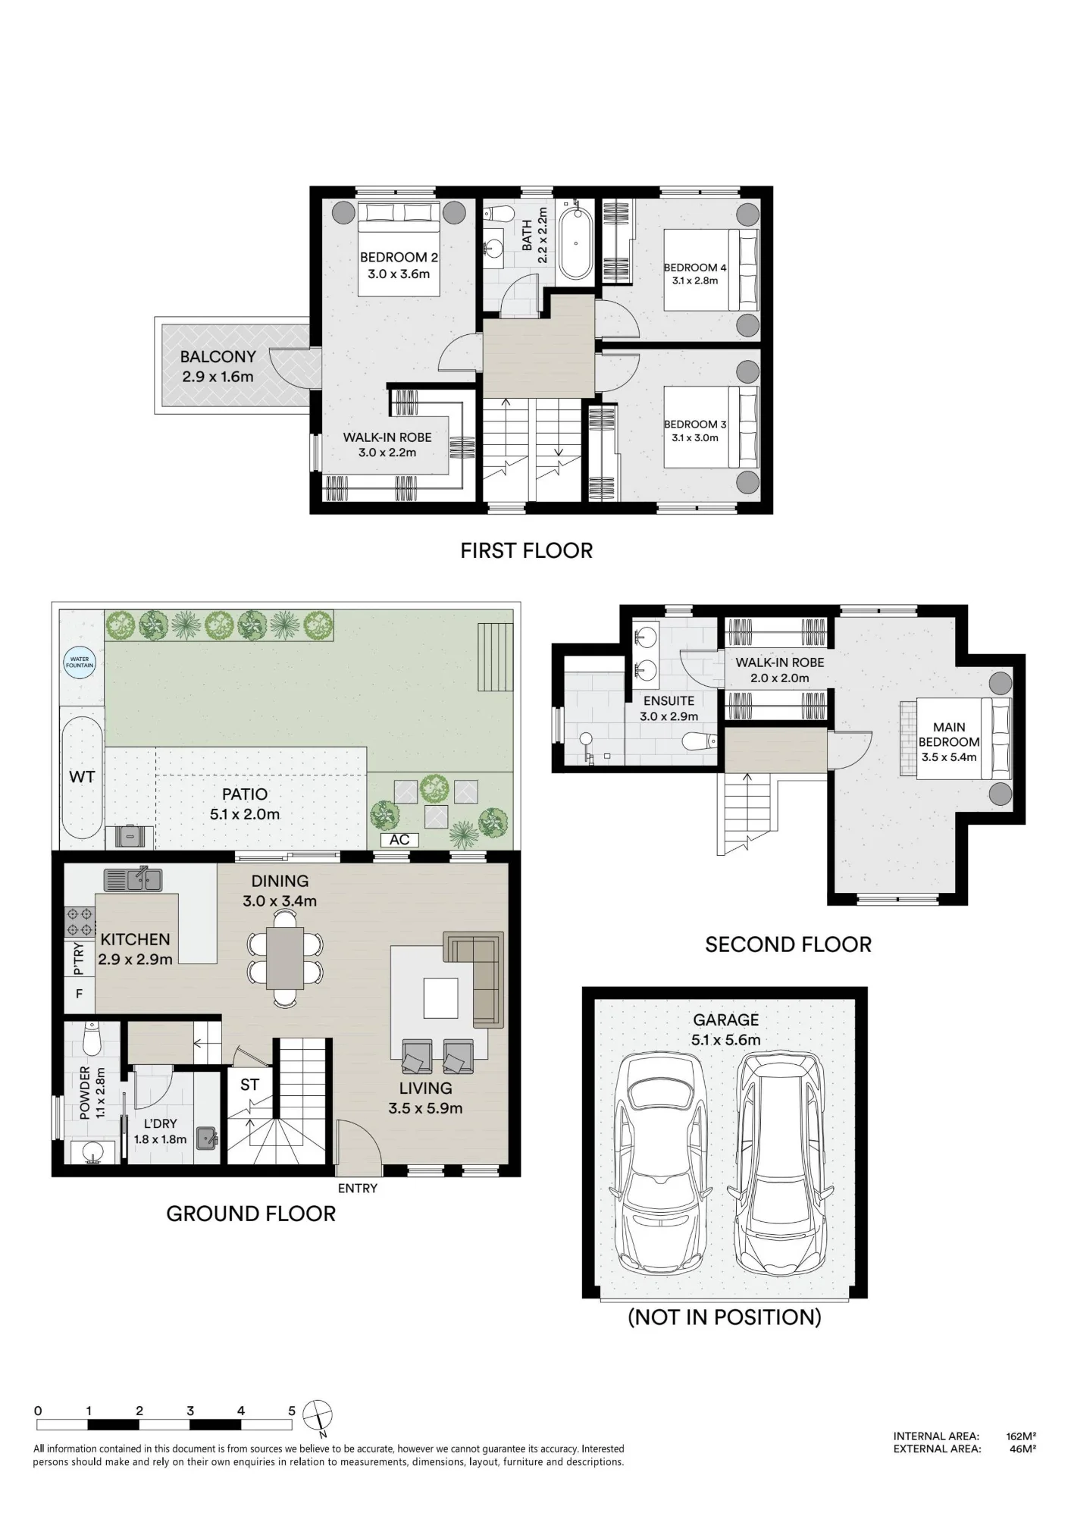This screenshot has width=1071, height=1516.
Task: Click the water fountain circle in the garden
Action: pyautogui.click(x=80, y=662)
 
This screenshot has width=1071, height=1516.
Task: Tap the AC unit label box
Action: pyautogui.click(x=399, y=840)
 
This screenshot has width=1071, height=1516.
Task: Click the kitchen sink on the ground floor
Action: pyautogui.click(x=133, y=879)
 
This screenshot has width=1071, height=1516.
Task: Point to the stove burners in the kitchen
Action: pyautogui.click(x=80, y=922)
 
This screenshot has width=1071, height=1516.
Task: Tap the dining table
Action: pyautogui.click(x=285, y=958)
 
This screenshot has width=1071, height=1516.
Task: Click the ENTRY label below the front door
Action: pyautogui.click(x=358, y=1189)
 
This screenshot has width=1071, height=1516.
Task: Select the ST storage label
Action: pyautogui.click(x=249, y=1085)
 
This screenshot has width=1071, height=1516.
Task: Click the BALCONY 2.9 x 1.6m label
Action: pyautogui.click(x=218, y=366)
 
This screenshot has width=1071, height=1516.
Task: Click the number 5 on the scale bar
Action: pyautogui.click(x=292, y=1411)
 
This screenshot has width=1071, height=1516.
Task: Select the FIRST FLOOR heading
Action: pyautogui.click(x=527, y=550)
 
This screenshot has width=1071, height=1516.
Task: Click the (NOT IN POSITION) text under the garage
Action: pyautogui.click(x=725, y=1317)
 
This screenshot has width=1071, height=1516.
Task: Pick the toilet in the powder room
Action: pyautogui.click(x=92, y=1038)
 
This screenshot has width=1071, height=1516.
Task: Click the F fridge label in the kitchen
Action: pyautogui.click(x=79, y=994)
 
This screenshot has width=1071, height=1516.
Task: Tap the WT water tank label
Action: pyautogui.click(x=82, y=776)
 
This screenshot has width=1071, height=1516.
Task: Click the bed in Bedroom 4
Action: pyautogui.click(x=711, y=270)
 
